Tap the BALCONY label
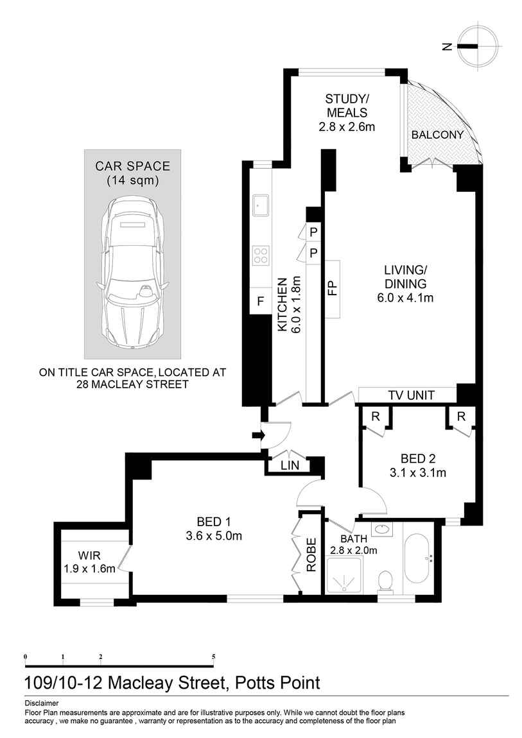point(437,135)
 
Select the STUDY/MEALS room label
point(347,112)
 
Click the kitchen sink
point(261,206)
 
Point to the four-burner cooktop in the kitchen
point(261,255)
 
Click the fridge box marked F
point(260,301)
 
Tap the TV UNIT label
point(412,395)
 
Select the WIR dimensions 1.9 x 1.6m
point(89,568)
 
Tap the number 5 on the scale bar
point(213,656)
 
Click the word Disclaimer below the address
point(42,703)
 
